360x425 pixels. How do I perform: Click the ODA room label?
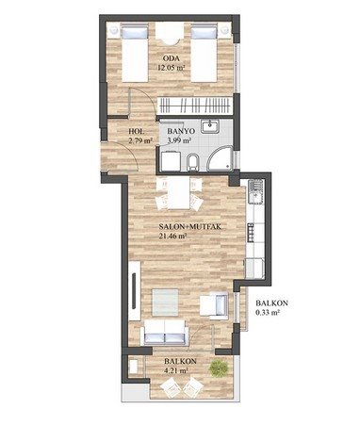(171, 58)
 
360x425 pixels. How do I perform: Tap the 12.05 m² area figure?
(171, 67)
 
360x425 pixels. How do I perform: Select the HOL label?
(137, 131)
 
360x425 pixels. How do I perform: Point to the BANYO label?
(181, 131)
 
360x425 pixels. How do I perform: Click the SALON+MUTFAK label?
(189, 227)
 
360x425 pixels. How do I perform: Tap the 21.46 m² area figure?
(173, 236)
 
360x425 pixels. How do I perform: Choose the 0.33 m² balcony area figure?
(268, 313)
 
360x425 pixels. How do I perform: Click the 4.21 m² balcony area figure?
(176, 370)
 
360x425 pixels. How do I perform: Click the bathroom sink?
(210, 127)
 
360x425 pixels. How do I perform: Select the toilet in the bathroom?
(192, 163)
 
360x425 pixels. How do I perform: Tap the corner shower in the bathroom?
(220, 160)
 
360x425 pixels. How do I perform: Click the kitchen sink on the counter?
(255, 191)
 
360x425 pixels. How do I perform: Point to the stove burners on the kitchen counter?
(251, 233)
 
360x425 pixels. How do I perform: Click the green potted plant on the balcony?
(219, 368)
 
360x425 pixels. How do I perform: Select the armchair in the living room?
(215, 305)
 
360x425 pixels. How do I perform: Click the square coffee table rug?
(165, 302)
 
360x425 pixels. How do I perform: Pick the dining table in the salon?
(178, 192)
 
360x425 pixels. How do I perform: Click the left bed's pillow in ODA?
(135, 33)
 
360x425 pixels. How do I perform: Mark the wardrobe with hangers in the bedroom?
(196, 106)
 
